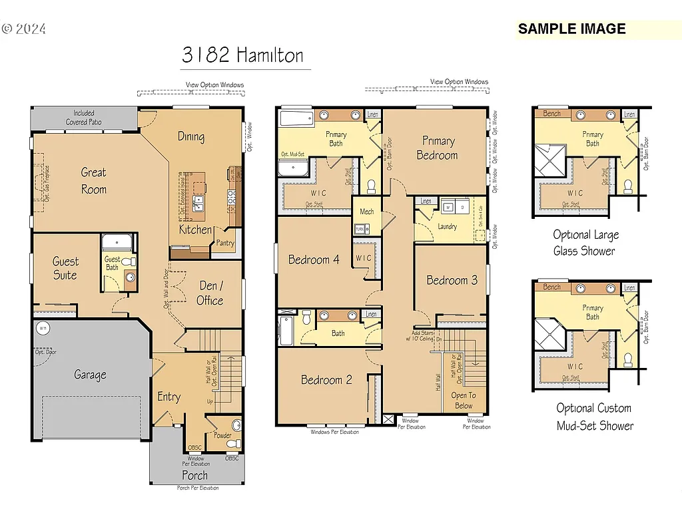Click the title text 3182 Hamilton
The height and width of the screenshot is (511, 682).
[x=242, y=55]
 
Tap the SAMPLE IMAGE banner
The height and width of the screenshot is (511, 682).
[x=571, y=29]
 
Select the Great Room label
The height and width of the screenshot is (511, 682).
[x=93, y=180]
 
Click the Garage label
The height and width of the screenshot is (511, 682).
[x=90, y=375]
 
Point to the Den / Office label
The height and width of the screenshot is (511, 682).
[x=210, y=293]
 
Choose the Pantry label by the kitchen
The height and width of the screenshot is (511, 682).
[x=225, y=244]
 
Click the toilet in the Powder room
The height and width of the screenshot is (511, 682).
[x=236, y=426]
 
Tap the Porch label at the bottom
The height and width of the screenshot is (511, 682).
[x=194, y=475]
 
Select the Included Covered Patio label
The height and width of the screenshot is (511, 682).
[x=84, y=118]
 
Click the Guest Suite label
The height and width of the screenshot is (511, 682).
[x=65, y=268]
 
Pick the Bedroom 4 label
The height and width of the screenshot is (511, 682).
[x=314, y=259]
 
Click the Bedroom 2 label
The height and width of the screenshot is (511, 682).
[x=326, y=380]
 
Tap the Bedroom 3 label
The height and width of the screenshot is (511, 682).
[x=452, y=280]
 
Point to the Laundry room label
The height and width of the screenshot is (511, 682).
[x=447, y=227]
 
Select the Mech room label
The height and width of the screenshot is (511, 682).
[x=367, y=212]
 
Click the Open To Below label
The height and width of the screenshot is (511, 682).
[x=464, y=401]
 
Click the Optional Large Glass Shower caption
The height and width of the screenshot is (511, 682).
[x=585, y=243]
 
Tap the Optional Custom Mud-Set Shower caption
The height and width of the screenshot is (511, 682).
[x=594, y=417]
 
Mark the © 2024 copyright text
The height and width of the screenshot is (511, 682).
[x=24, y=29]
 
